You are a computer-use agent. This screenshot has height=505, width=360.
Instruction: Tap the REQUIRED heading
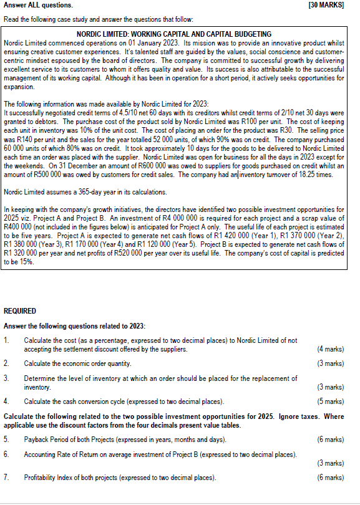tap(20, 310)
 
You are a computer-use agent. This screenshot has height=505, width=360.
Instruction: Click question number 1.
tap(6, 340)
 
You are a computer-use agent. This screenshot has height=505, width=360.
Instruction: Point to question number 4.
tap(6, 402)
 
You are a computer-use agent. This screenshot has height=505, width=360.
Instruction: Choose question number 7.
tap(6, 478)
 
